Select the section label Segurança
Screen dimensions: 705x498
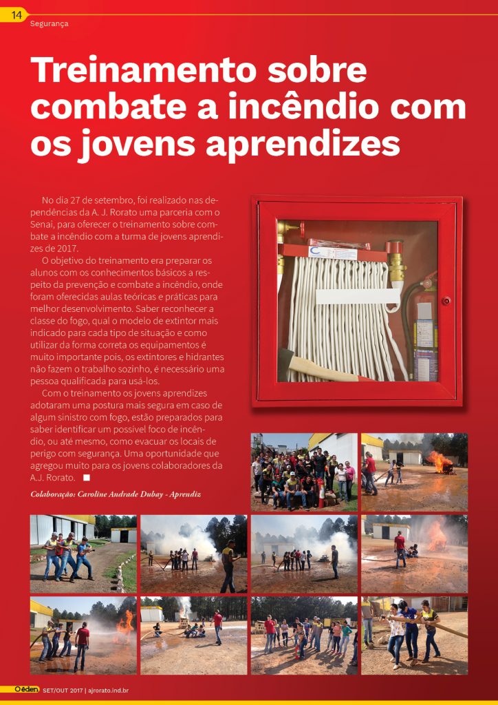tap(50, 23)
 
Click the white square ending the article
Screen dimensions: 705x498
tap(86, 477)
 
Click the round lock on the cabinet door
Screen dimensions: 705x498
tap(445, 301)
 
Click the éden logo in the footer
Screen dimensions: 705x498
tap(27, 689)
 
